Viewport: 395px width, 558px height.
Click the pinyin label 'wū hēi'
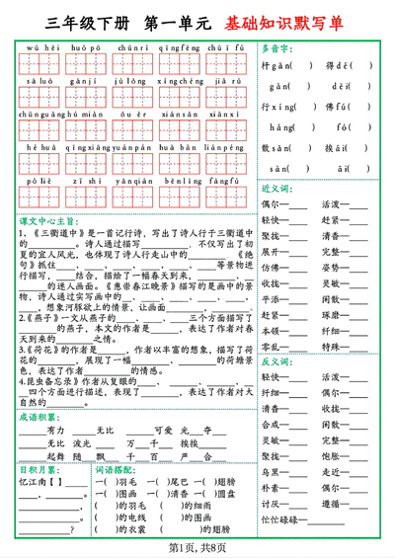[39, 46]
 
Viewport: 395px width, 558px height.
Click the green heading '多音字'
[276, 46]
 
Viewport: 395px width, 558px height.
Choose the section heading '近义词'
[273, 187]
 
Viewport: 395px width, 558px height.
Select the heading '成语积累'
[37, 418]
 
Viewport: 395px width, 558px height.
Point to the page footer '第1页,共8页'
[197, 547]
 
